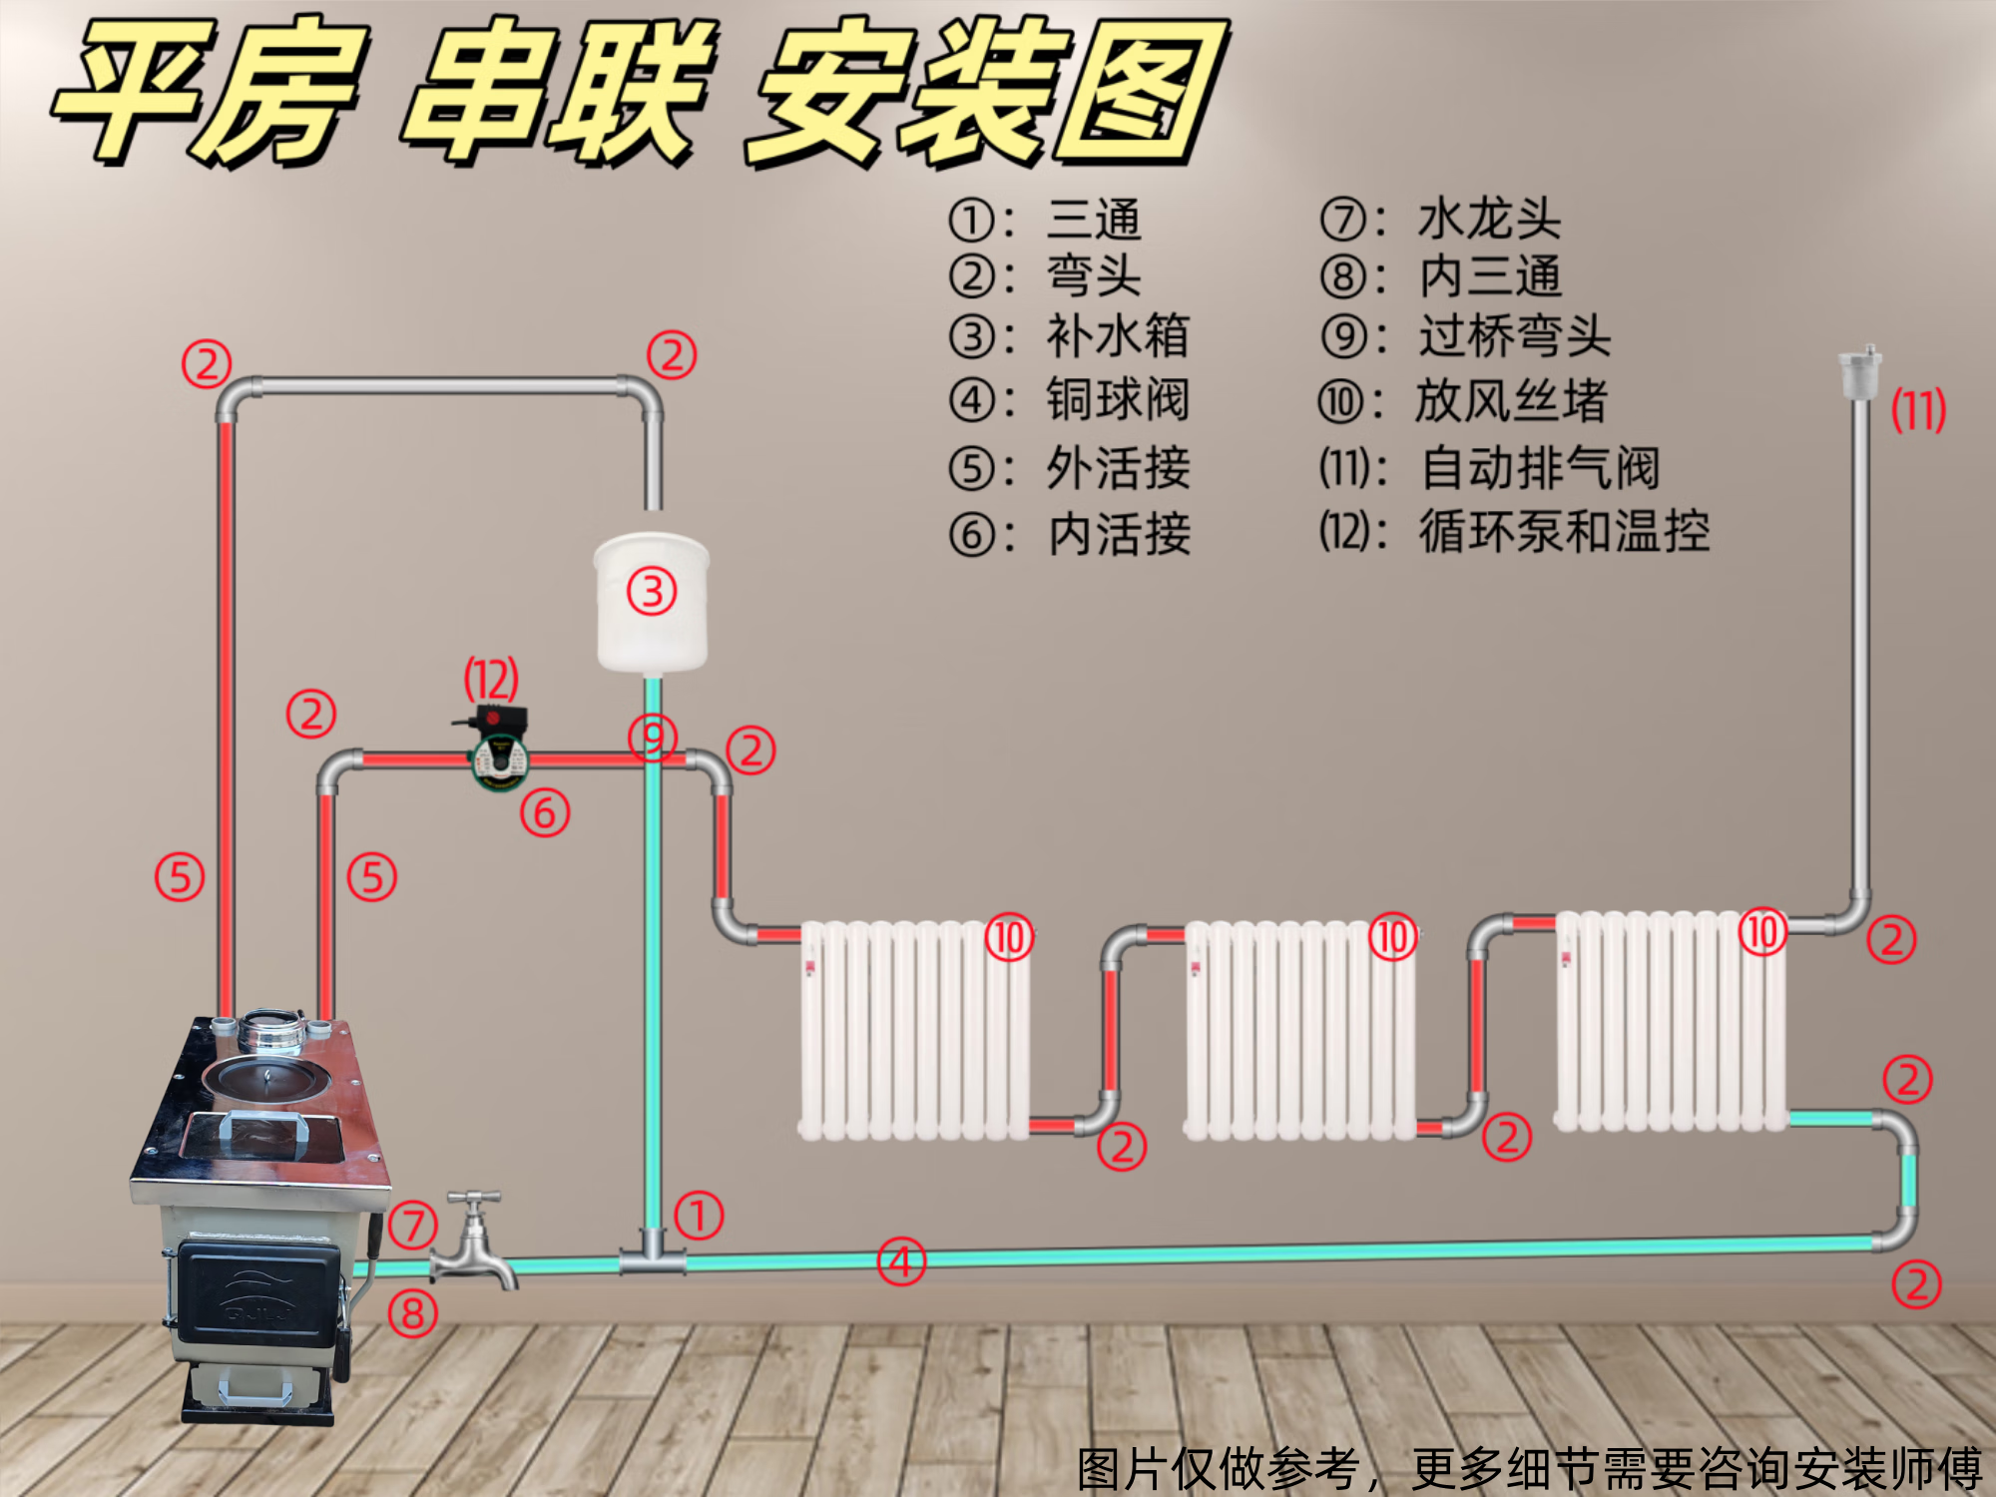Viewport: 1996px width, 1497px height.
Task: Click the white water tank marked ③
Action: click(652, 604)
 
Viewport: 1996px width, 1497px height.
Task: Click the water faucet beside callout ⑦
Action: click(474, 1243)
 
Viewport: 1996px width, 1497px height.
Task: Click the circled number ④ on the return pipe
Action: click(901, 1262)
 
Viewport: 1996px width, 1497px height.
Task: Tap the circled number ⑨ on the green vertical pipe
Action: click(653, 738)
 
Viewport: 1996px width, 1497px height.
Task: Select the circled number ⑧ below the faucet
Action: click(413, 1313)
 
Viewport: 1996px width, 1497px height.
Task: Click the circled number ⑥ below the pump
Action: click(545, 812)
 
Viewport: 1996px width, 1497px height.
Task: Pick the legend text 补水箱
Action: click(1117, 335)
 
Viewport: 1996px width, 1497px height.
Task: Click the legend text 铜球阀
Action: click(1117, 400)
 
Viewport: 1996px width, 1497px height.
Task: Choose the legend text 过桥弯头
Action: click(1514, 335)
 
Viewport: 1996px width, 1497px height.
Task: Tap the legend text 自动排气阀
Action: click(1539, 467)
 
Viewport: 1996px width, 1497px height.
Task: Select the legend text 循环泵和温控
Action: click(1564, 531)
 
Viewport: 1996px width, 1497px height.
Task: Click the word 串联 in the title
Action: click(559, 95)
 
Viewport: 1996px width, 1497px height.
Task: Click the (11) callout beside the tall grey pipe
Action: click(1918, 410)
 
